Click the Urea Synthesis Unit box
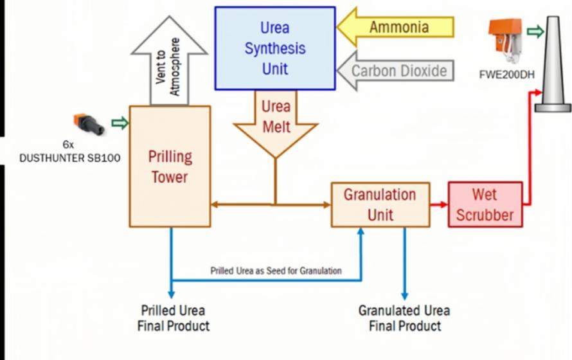tap(274, 48)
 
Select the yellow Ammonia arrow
tap(397, 28)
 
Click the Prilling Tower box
tap(170, 166)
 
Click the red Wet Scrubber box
tap(485, 204)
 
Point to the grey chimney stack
tap(551, 64)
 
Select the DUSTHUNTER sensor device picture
tap(89, 123)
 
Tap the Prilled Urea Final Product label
tap(174, 318)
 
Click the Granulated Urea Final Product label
tap(404, 318)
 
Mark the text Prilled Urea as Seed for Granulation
tap(276, 271)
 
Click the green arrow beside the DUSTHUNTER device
tap(120, 123)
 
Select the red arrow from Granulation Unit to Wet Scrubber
tap(439, 204)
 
